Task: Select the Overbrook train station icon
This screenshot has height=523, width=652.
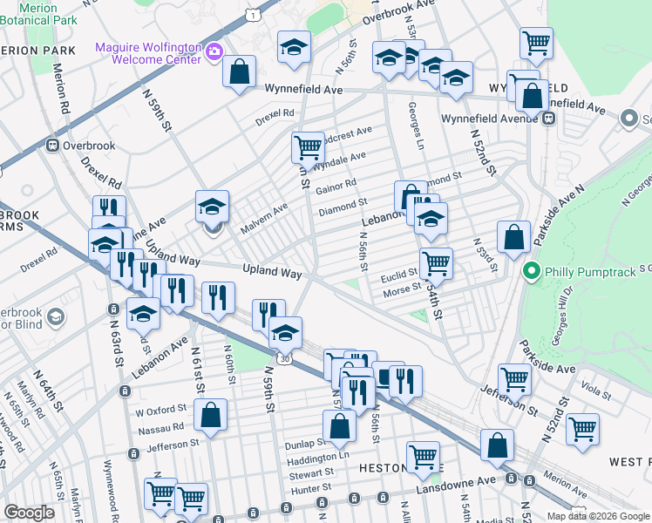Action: pos(51,145)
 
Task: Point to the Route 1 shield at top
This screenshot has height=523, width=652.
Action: pos(251,15)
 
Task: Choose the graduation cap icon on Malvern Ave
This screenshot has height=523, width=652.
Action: pos(212,207)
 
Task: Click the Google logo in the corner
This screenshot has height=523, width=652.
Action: pos(29,513)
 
